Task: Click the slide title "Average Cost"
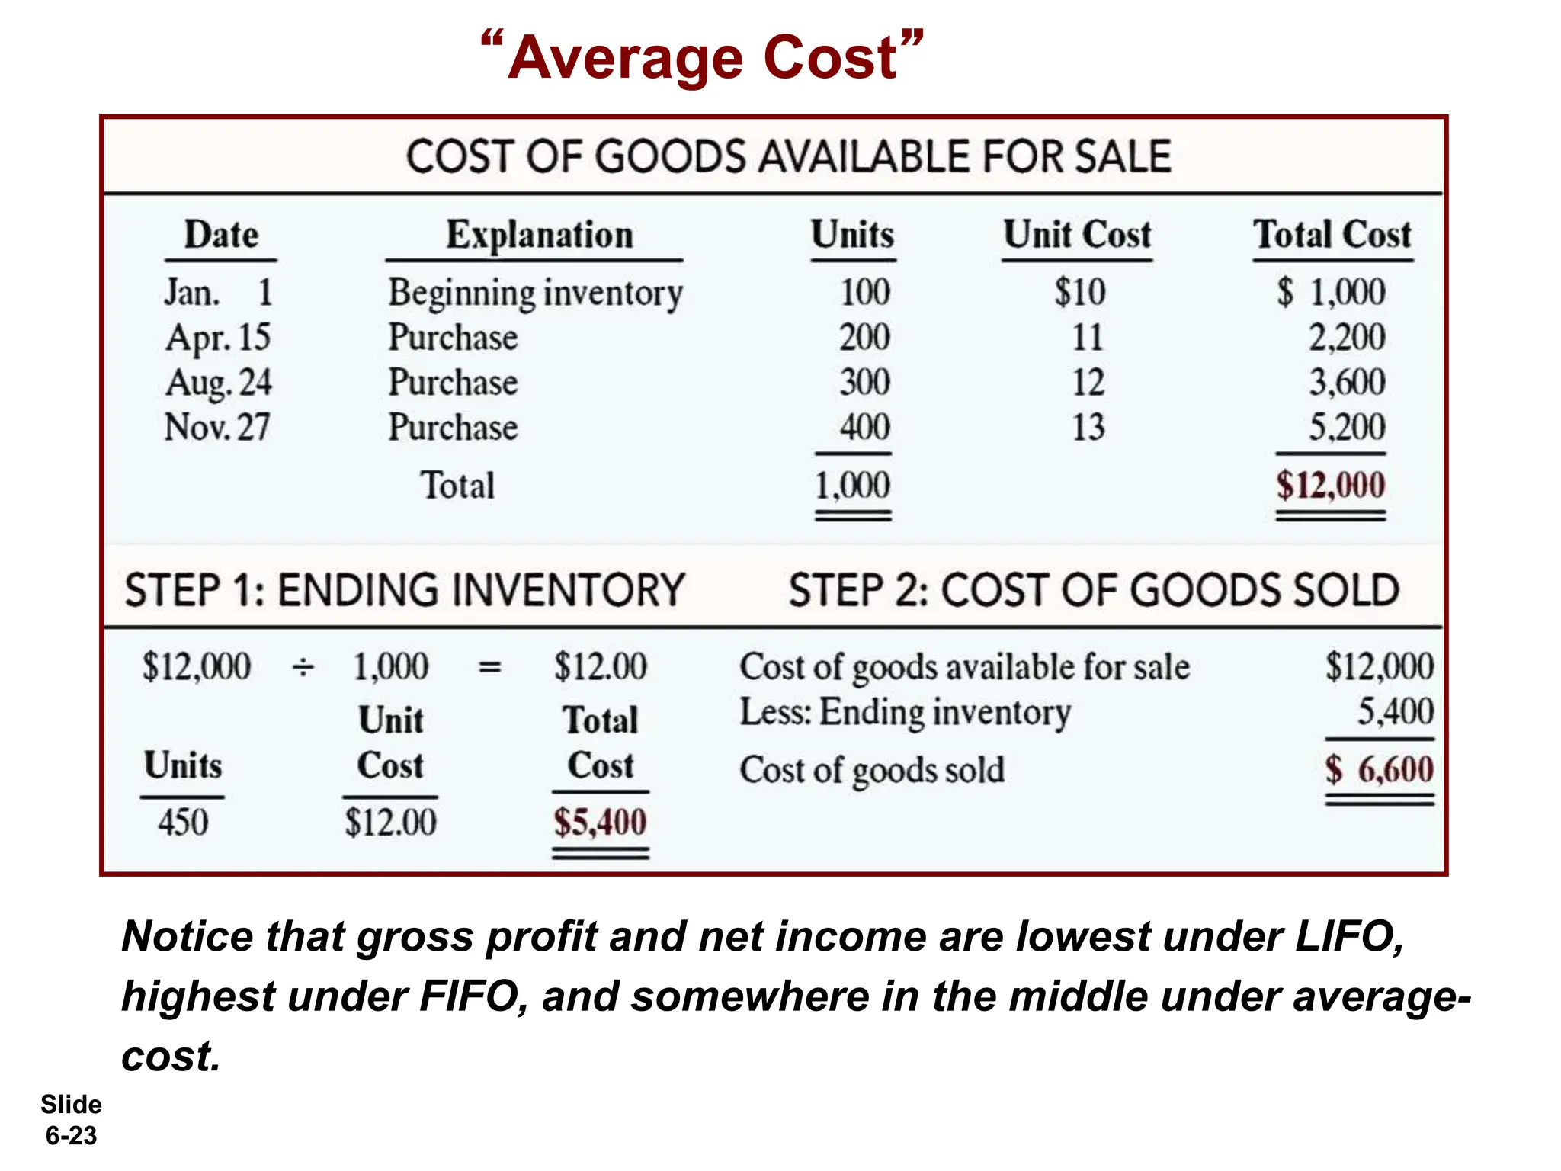tap(703, 58)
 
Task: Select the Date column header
tap(221, 235)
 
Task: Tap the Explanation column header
tap(539, 235)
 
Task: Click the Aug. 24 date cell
tap(219, 383)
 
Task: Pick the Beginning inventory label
tap(535, 294)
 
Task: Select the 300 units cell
tap(864, 382)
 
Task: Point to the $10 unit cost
tap(1079, 292)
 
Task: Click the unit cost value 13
tap(1088, 427)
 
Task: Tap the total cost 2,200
tap(1347, 337)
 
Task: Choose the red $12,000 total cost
tap(1330, 485)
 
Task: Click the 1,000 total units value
tap(852, 485)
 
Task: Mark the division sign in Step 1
tap(303, 668)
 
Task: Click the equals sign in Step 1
tap(489, 668)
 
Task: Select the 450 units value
tap(183, 823)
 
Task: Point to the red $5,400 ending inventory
tap(600, 823)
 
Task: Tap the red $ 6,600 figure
tap(1380, 769)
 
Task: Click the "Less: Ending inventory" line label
tap(905, 713)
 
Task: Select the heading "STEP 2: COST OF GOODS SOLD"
tap(1094, 591)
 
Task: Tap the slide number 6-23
tap(72, 1135)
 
